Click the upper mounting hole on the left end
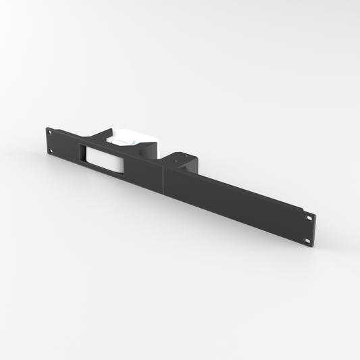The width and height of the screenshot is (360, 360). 50,133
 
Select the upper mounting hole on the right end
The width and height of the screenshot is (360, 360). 309,218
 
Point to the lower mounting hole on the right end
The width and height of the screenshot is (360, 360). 307,240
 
